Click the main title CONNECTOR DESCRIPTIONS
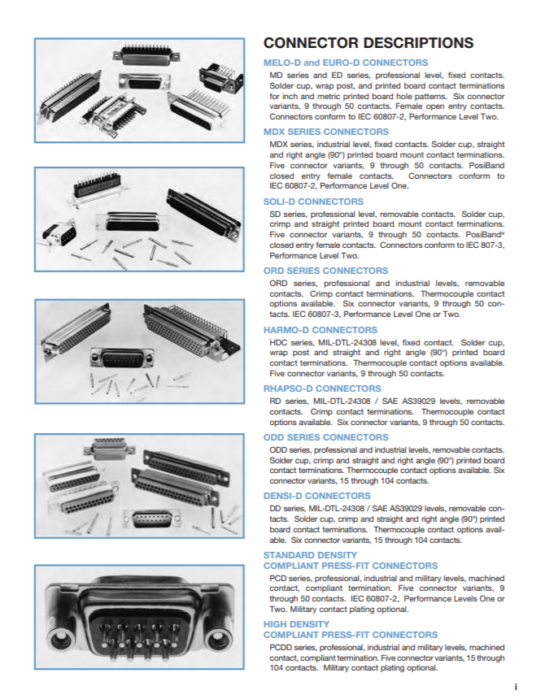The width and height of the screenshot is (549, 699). coord(368,43)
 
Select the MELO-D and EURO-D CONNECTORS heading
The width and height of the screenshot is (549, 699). coord(346,63)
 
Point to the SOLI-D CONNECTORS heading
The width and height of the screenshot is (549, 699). coord(314,202)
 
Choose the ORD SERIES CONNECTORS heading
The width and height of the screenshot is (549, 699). coord(326,271)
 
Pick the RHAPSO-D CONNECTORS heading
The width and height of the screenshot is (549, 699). coord(322,389)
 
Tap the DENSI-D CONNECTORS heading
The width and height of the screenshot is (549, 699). coord(317,495)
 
